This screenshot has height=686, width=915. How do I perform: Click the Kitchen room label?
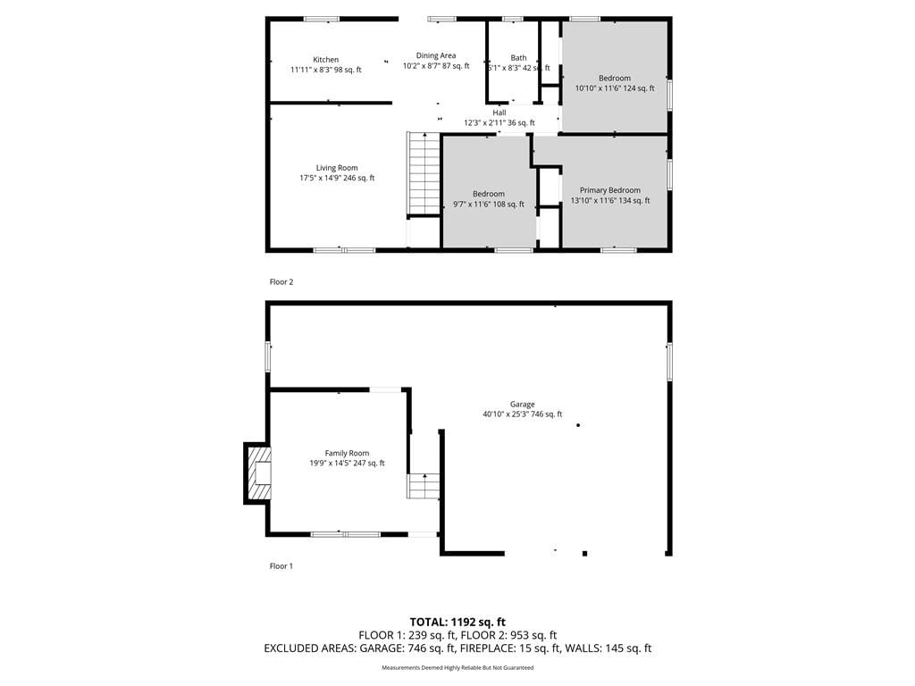[x=325, y=60]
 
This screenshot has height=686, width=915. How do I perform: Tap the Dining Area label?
[x=436, y=55]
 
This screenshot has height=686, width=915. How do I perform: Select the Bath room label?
[x=518, y=58]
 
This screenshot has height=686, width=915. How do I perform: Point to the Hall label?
[x=499, y=113]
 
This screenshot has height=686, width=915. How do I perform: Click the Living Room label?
[x=337, y=168]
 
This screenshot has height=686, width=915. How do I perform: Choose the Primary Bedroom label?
[x=609, y=190]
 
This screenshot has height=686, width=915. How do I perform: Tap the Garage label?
[x=522, y=405]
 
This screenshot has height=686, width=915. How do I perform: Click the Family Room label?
[x=347, y=453]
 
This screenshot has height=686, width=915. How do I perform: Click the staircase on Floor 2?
[x=423, y=174]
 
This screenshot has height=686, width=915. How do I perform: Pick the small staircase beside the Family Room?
[x=423, y=486]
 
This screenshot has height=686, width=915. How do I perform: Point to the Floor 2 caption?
[x=281, y=281]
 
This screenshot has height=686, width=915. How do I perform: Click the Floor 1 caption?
[x=281, y=565]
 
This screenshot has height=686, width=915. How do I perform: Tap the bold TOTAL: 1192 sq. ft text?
[x=457, y=622]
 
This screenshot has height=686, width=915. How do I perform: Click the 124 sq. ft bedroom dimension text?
[x=638, y=88]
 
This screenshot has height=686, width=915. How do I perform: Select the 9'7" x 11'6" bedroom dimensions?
[x=473, y=205]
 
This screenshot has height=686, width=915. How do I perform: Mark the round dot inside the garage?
[x=578, y=425]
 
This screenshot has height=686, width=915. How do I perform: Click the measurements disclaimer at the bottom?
[x=457, y=667]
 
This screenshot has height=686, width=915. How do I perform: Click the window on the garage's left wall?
[x=268, y=356]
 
